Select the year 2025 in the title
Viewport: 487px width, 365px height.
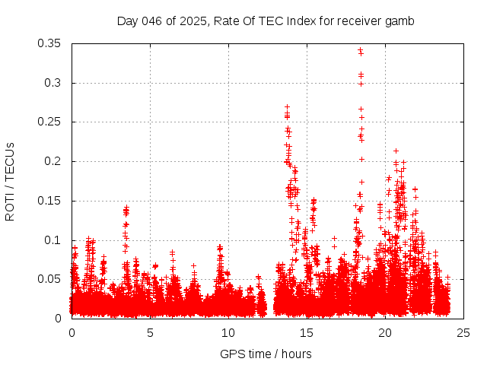188,21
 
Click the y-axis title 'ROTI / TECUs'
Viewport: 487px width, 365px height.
10,181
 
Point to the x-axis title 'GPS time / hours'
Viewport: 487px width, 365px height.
266,354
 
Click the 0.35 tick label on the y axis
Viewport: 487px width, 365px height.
51,43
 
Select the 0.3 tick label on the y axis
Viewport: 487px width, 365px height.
54,83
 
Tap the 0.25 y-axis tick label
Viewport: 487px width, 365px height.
51,122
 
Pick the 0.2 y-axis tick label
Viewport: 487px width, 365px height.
54,161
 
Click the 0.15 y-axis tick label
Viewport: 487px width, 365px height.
51,201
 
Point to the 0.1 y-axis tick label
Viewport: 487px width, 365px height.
54,240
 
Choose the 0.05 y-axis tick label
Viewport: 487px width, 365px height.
51,279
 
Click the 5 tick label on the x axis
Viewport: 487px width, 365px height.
150,332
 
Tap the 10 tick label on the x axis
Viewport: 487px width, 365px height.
228,332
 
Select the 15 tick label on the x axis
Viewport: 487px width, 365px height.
307,332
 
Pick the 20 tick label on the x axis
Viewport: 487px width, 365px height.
385,332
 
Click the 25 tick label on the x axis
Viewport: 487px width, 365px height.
463,332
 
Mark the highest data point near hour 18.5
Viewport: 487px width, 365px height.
361,50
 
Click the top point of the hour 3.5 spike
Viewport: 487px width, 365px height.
126,206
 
